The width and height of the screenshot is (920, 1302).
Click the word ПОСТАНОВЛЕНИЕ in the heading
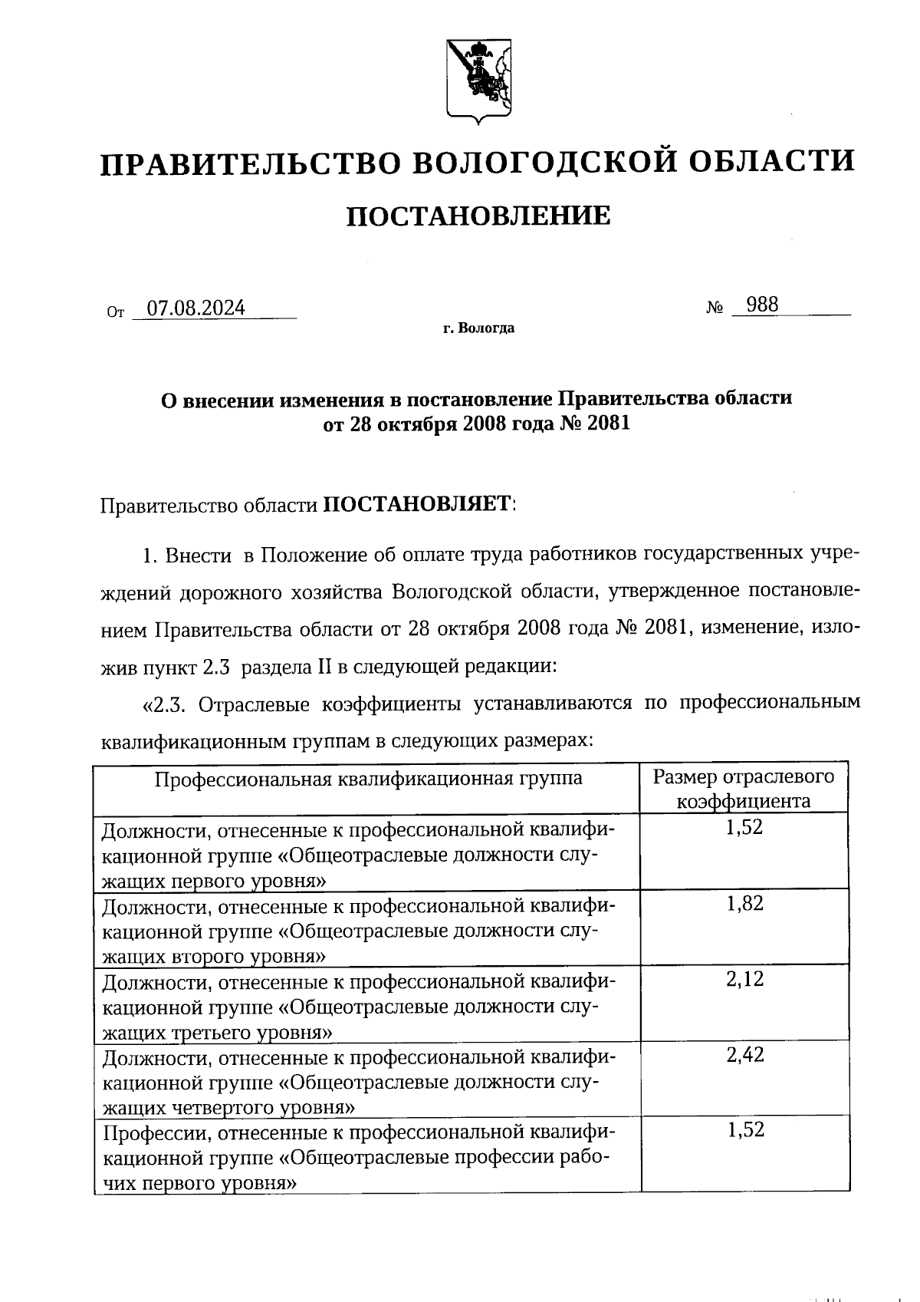tap(478, 216)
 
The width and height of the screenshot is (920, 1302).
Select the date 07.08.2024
tap(196, 308)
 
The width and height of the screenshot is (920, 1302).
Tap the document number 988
tap(762, 305)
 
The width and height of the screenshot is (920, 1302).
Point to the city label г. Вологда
tap(478, 329)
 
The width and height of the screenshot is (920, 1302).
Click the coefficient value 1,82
tap(744, 903)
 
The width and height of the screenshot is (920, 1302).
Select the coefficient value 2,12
tap(744, 979)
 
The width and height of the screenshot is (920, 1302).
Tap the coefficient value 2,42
tap(744, 1055)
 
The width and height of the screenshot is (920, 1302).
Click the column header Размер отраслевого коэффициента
tap(744, 789)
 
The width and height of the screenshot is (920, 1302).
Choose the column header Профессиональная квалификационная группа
tap(368, 779)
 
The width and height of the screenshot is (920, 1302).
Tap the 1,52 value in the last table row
tap(744, 1130)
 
